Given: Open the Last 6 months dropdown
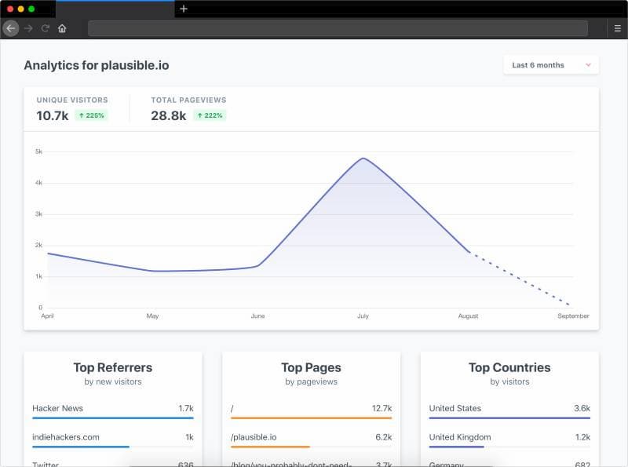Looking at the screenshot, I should point(551,65).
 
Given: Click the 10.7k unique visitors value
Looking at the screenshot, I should point(53,115).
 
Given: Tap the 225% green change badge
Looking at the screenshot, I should point(91,115).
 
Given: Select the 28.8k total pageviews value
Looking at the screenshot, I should point(168,115).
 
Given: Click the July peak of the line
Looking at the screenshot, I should point(363,159).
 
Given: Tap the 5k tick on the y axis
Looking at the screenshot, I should point(38,151).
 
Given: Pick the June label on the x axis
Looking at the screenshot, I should point(257,316).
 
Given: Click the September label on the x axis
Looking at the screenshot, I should point(573,316).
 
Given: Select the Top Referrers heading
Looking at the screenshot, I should point(113,367).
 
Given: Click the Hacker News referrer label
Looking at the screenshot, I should point(57,408).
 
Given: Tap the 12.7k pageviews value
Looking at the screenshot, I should point(382,408).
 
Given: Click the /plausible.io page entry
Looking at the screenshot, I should point(254,437).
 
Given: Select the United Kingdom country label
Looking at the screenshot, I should point(460,437).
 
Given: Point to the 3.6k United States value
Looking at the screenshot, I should point(582,408).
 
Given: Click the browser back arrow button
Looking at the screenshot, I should point(10,28).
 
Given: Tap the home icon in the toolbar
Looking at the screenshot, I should point(62,28).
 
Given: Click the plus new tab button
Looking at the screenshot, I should point(184,9).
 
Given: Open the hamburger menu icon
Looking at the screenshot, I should point(617,28).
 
